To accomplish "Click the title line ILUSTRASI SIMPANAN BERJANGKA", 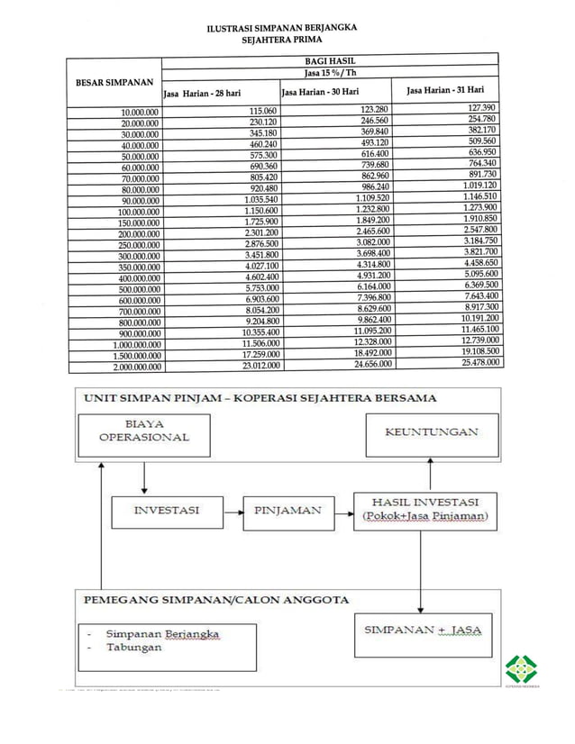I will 281,28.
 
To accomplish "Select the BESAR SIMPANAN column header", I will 114,82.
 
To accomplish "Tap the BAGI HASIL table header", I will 329,59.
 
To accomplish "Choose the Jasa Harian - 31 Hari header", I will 445,90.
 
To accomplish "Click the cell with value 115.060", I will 262,111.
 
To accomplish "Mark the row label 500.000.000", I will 132,289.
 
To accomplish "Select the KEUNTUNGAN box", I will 431,433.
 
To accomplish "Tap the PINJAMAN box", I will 287,511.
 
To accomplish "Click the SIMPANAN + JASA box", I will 423,631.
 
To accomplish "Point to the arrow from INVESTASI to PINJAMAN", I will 232,511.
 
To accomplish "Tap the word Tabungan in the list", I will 134,648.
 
